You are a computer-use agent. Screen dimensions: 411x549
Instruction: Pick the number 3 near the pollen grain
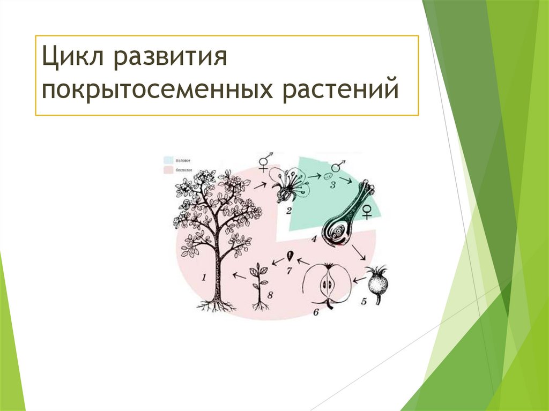[332, 185]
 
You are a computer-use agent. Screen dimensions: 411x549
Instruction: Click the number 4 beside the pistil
[314, 238]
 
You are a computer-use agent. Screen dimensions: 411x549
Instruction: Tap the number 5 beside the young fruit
[363, 302]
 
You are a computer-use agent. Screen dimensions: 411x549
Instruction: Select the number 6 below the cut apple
[316, 311]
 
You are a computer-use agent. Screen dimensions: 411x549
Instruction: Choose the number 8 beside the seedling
[270, 295]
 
